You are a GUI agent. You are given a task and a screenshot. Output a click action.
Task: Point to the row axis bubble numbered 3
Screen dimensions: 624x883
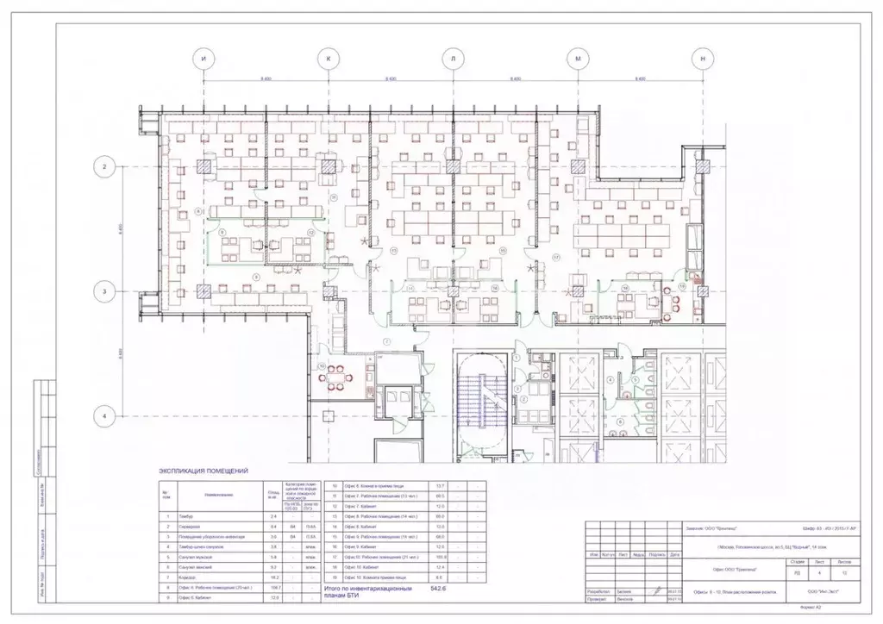(x=104, y=291)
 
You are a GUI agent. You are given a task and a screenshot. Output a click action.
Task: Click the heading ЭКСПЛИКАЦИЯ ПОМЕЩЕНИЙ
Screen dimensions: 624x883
(x=204, y=471)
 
